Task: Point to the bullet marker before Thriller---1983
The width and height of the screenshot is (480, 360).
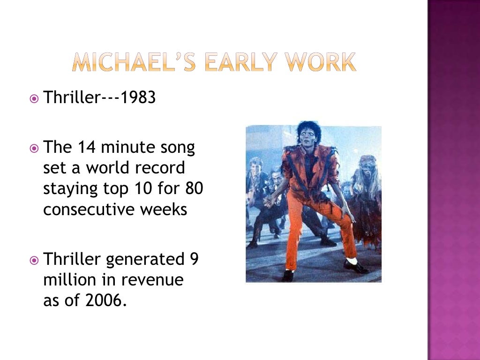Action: tap(34, 99)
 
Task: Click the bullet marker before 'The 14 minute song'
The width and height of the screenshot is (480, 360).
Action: tap(34, 148)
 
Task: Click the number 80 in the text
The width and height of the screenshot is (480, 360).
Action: tap(194, 189)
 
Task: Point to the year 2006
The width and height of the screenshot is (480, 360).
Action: tap(106, 300)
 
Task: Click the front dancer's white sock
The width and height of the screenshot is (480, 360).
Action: tap(352, 260)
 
